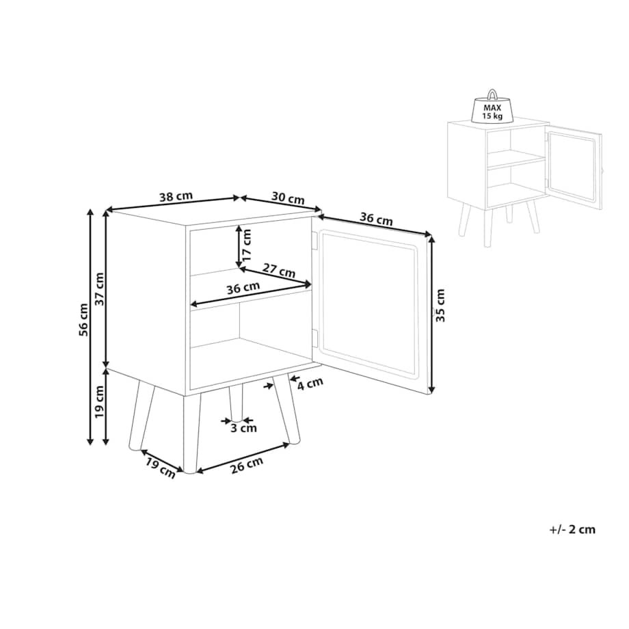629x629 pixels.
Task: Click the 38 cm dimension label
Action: [x=176, y=197]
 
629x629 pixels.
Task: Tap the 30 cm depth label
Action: [x=288, y=198]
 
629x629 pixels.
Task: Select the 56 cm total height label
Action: [x=83, y=320]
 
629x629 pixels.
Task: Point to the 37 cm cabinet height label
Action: [x=99, y=289]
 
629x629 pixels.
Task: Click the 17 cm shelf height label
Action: [x=246, y=245]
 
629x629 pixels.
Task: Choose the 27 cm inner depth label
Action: [x=279, y=270]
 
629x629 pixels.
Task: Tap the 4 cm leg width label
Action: [x=310, y=384]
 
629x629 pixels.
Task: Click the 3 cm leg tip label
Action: [x=243, y=428]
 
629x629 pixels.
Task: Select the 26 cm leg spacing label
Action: [x=247, y=466]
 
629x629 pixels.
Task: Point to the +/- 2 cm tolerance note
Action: [x=572, y=529]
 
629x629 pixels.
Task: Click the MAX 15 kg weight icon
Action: [x=492, y=106]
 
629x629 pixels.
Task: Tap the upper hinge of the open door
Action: [x=315, y=240]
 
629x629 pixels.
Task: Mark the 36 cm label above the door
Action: [x=376, y=219]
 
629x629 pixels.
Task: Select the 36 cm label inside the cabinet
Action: [x=243, y=288]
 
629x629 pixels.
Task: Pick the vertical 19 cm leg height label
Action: [x=99, y=402]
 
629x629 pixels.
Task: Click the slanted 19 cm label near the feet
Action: [x=161, y=468]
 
